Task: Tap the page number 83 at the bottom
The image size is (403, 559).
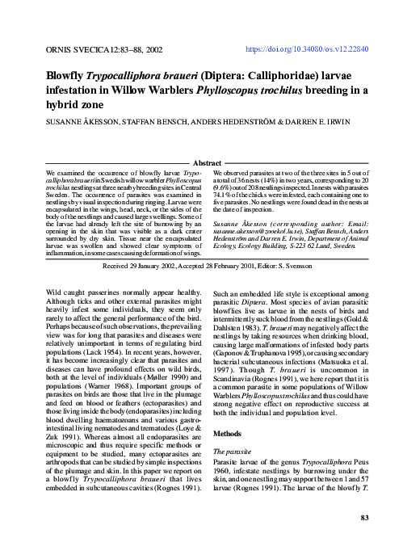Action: [x=363, y=517]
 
